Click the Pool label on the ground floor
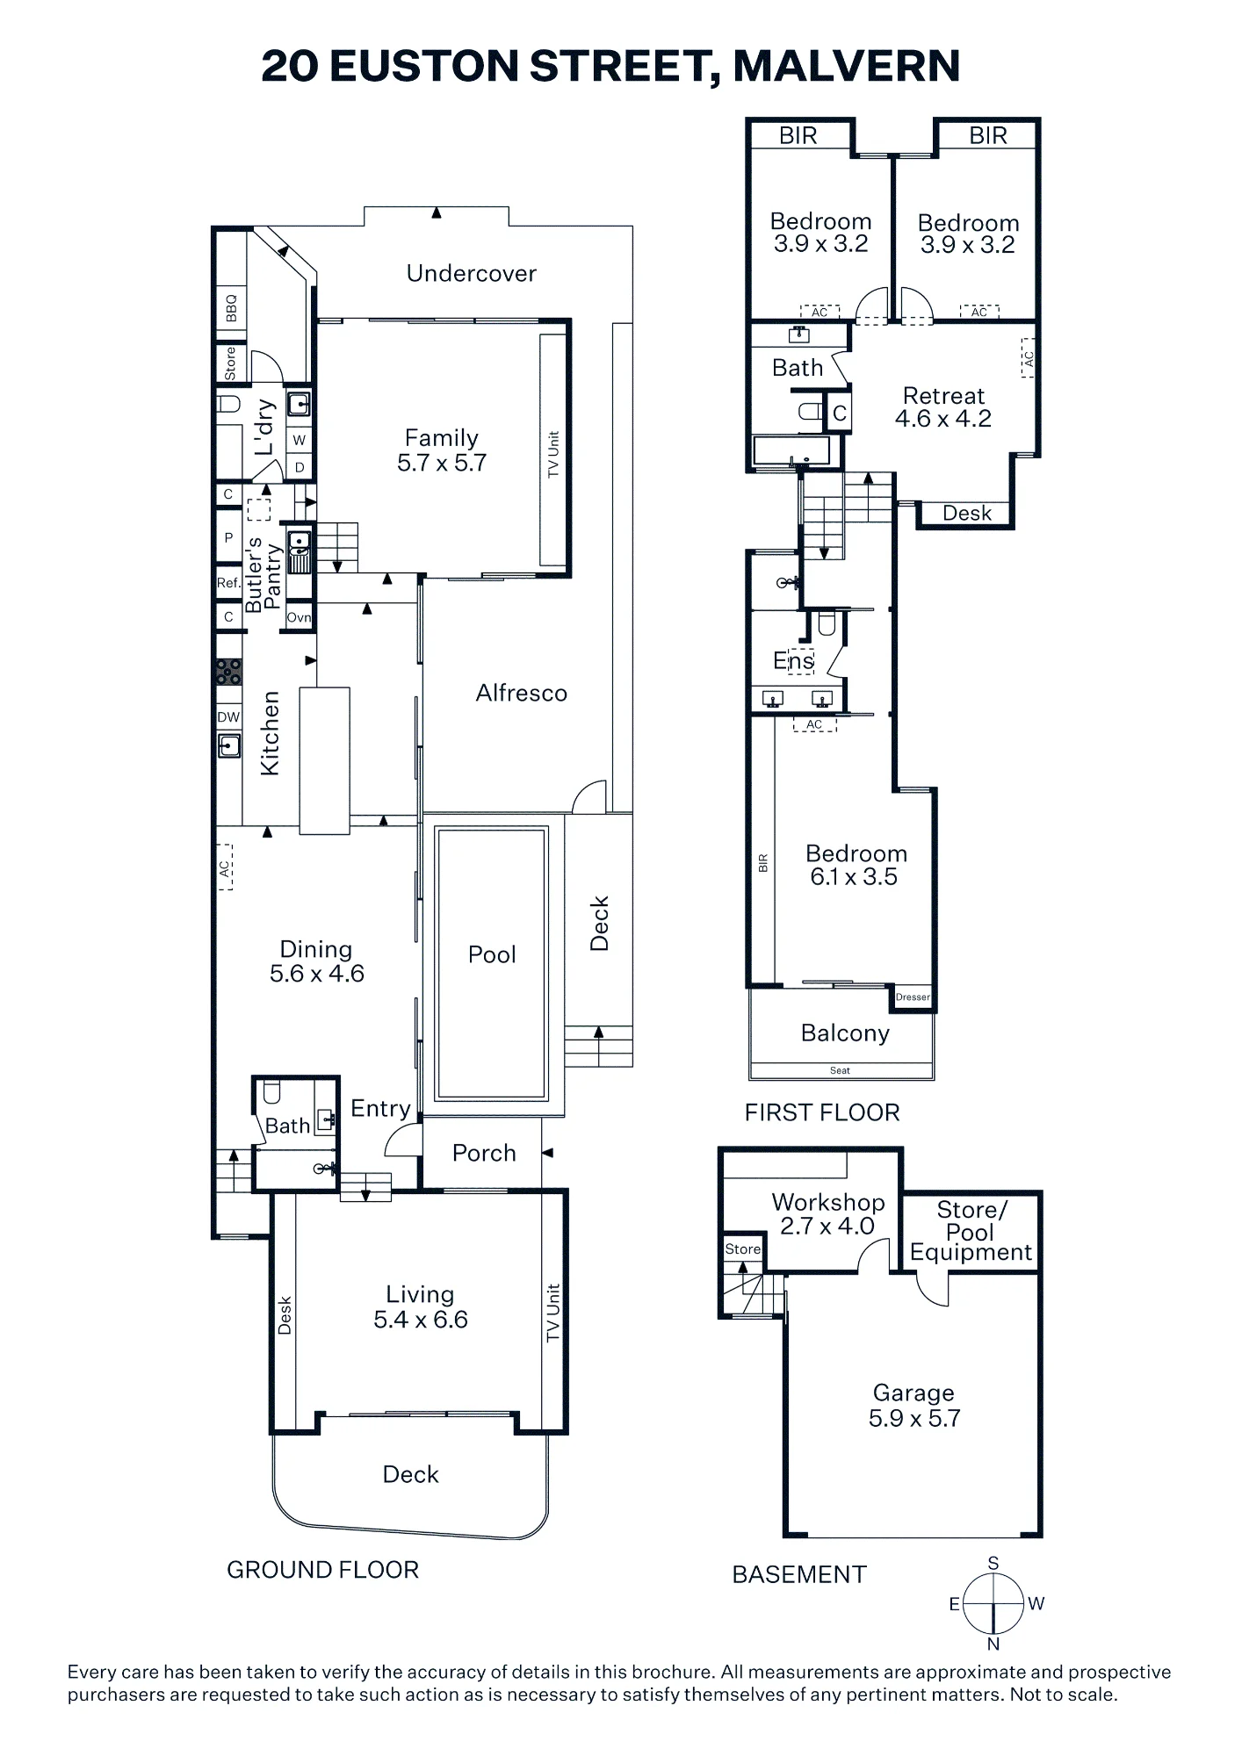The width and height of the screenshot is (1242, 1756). [492, 954]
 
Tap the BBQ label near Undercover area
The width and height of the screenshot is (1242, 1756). [231, 307]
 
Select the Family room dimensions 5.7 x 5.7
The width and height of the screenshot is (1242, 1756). [442, 463]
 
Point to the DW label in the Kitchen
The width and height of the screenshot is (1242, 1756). [228, 717]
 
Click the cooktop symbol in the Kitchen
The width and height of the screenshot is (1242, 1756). [229, 672]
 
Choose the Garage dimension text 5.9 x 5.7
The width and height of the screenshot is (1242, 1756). [914, 1418]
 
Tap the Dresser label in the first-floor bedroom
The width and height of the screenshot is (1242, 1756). [913, 997]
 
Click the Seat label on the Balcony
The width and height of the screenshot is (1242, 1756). [840, 1070]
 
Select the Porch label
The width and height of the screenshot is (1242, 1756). [484, 1153]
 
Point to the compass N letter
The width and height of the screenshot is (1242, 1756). [993, 1644]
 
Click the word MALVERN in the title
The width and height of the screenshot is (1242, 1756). [847, 67]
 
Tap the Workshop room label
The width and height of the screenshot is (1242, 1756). [828, 1202]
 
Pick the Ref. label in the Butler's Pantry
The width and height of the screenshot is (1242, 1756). [228, 583]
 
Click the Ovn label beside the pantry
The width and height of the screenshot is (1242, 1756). [299, 617]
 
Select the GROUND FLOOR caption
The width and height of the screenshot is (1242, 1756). [322, 1570]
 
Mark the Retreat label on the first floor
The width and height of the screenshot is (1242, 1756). [943, 396]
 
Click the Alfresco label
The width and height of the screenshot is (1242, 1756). [522, 694]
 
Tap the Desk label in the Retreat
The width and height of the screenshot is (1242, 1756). [967, 513]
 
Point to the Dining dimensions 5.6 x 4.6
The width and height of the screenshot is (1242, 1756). [317, 974]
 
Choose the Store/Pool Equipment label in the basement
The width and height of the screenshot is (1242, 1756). [971, 1231]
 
